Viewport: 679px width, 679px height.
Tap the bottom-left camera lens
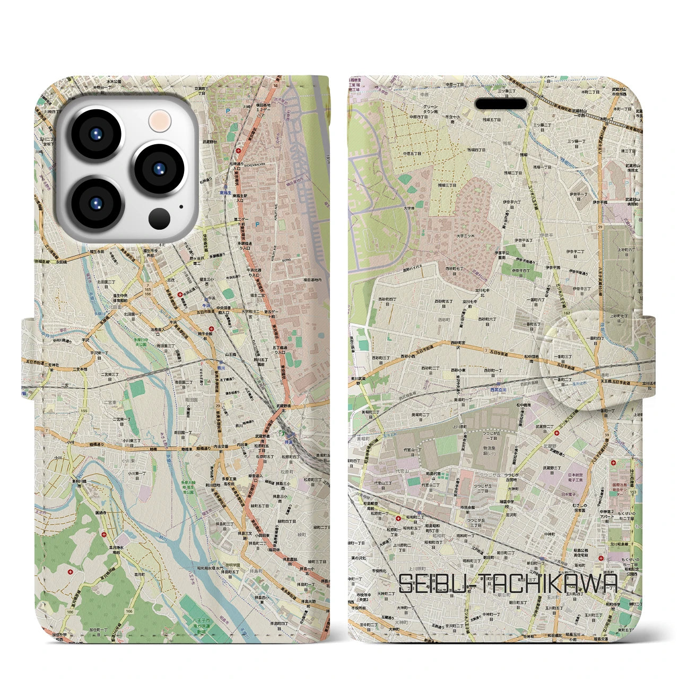[x=97, y=204]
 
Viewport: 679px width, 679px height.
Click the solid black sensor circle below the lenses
[x=159, y=217]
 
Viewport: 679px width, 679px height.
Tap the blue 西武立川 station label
[x=498, y=390]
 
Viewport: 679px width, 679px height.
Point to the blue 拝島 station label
[x=289, y=433]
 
